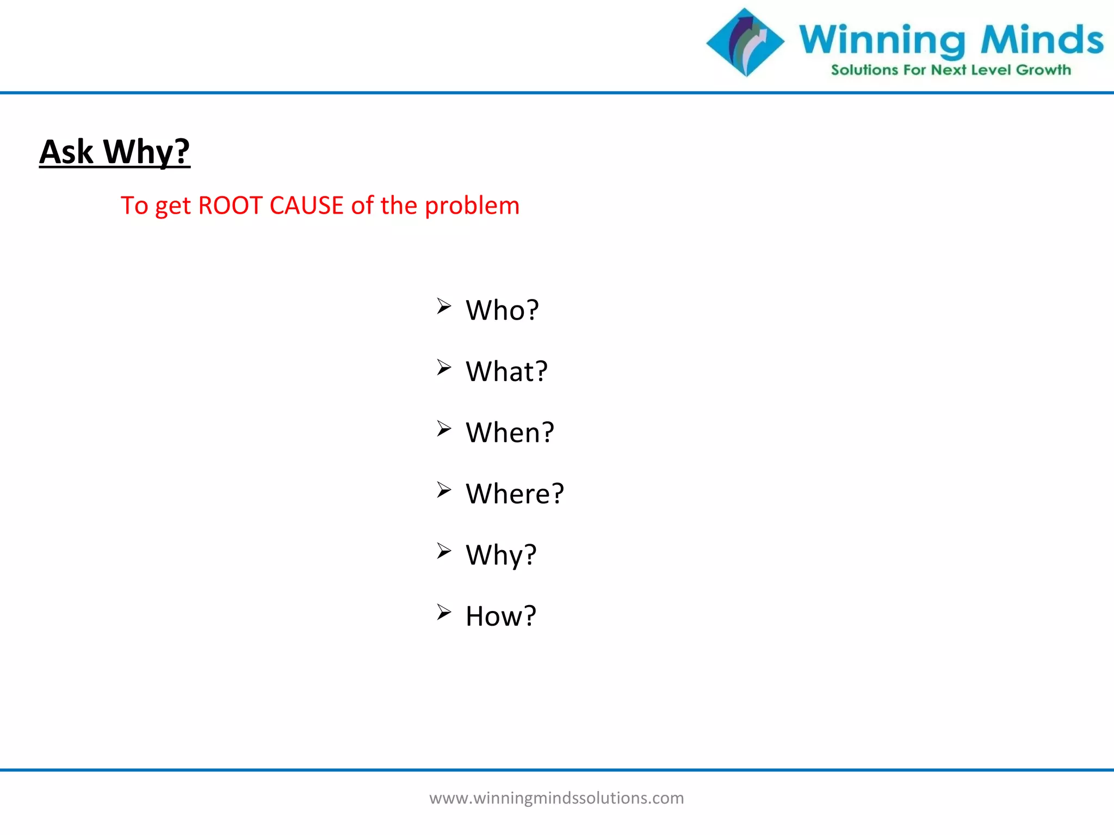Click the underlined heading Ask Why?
click(x=115, y=152)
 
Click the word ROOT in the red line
click(x=230, y=205)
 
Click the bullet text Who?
click(x=502, y=310)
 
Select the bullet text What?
click(x=506, y=372)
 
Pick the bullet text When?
click(x=510, y=433)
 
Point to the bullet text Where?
click(x=515, y=494)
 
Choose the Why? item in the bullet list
click(x=501, y=556)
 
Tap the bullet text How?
click(x=501, y=616)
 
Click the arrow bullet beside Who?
click(x=444, y=307)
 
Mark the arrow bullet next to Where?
click(x=444, y=490)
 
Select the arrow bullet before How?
click(x=444, y=613)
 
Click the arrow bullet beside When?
click(x=444, y=429)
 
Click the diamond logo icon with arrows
click(x=745, y=42)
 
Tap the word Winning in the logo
click(x=882, y=41)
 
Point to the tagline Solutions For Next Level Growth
click(x=951, y=70)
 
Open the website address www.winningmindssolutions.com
click(x=556, y=798)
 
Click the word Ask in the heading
click(x=66, y=152)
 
